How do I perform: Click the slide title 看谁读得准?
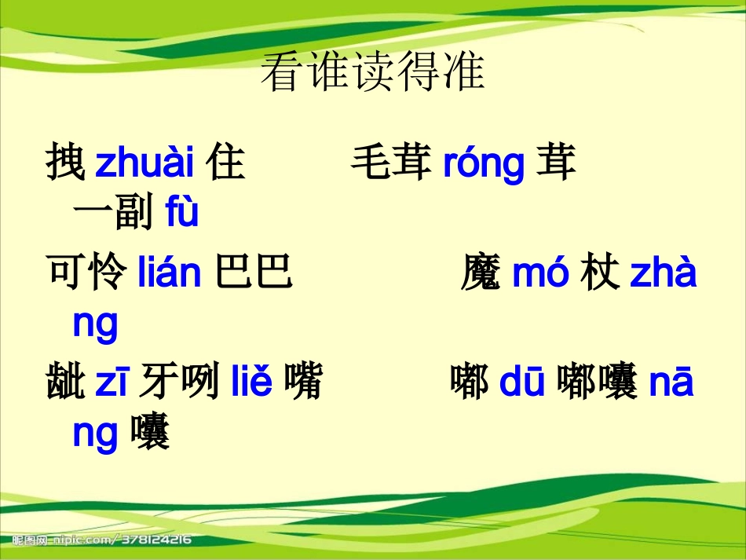372,73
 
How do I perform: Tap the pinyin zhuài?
144,163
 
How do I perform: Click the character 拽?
66,163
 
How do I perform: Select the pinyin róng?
483,163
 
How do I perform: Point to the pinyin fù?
182,213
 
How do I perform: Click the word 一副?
112,213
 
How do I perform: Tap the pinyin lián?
170,274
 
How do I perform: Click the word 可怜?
86,274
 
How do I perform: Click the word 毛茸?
390,163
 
